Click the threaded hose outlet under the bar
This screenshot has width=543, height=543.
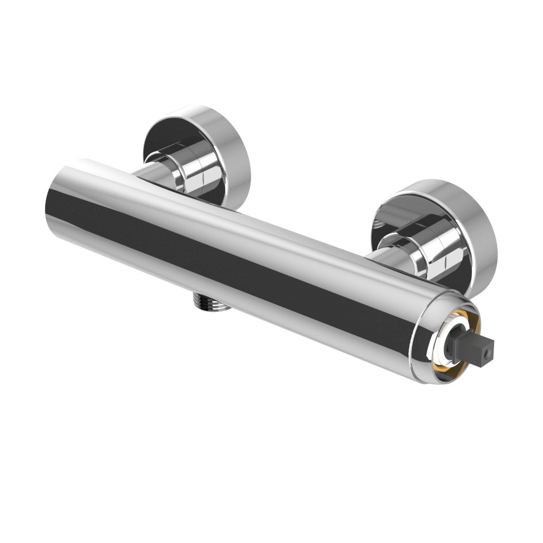pyautogui.click(x=212, y=302)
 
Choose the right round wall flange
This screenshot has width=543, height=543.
pyautogui.click(x=434, y=232)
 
